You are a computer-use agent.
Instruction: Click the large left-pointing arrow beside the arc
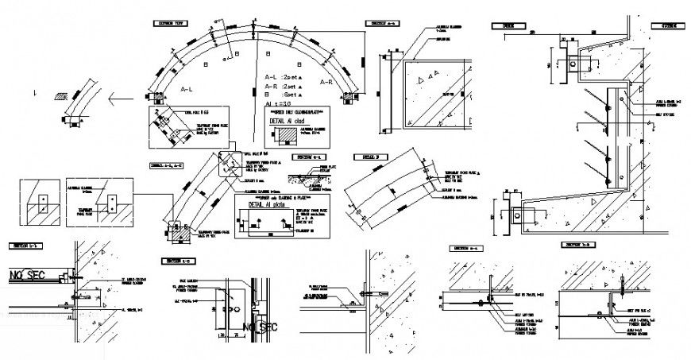pos(121,99)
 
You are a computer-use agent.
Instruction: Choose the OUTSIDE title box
pos(663,25)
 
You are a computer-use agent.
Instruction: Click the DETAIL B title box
pos(374,157)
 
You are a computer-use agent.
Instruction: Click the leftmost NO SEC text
pos(27,276)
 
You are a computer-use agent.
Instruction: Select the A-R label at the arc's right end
pos(326,82)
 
